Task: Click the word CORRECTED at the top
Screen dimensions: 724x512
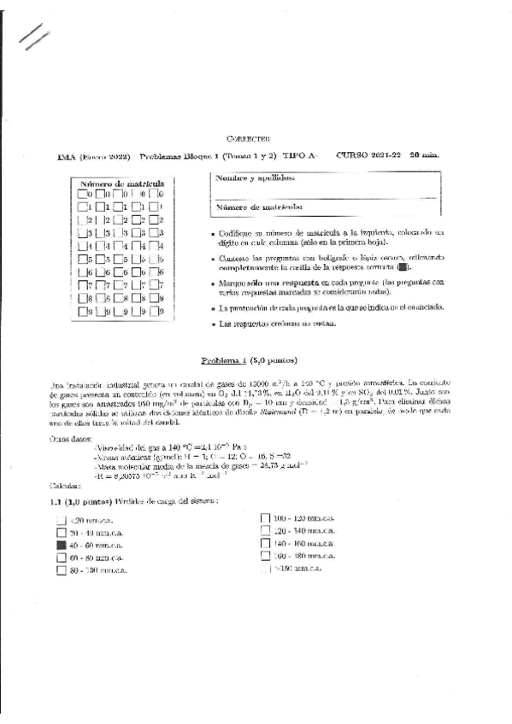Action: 248,137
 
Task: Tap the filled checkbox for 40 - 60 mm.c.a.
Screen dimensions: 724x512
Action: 61,544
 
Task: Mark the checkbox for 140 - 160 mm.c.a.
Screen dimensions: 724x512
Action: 265,542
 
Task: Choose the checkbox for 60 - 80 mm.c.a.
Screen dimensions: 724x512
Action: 61,557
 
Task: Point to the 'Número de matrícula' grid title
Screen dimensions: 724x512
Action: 121,183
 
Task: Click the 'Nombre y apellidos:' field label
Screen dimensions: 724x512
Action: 256,178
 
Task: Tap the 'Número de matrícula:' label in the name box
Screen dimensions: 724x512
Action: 259,207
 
